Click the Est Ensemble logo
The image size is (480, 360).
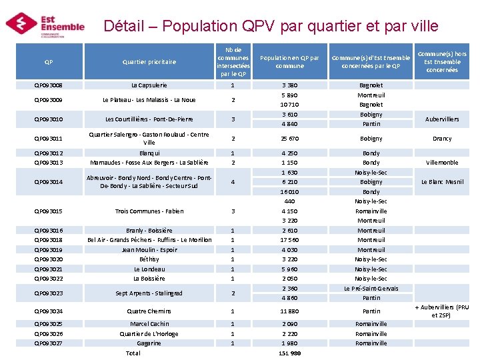click(x=45, y=24)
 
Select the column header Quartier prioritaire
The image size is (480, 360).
click(x=149, y=62)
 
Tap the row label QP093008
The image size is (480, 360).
click(x=49, y=85)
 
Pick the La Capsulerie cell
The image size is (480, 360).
click(x=149, y=85)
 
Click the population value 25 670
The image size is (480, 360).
click(x=289, y=139)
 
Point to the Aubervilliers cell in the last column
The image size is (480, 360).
click(x=443, y=119)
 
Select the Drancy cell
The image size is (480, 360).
click(x=443, y=139)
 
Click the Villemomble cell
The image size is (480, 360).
click(x=443, y=163)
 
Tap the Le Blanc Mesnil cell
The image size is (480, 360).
click(x=443, y=182)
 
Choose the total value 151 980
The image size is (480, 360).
click(x=289, y=353)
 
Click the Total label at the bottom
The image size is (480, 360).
click(x=133, y=353)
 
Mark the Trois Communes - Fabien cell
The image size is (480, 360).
click(x=149, y=211)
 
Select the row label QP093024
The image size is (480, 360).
click(x=49, y=311)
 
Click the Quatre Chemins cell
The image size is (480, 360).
click(x=149, y=311)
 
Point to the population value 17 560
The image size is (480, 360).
click(x=289, y=240)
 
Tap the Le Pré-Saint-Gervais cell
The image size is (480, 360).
click(x=371, y=289)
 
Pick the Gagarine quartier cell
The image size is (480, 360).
click(x=149, y=343)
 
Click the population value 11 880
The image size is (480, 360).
click(x=289, y=311)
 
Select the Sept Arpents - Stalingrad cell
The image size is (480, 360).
click(x=149, y=293)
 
